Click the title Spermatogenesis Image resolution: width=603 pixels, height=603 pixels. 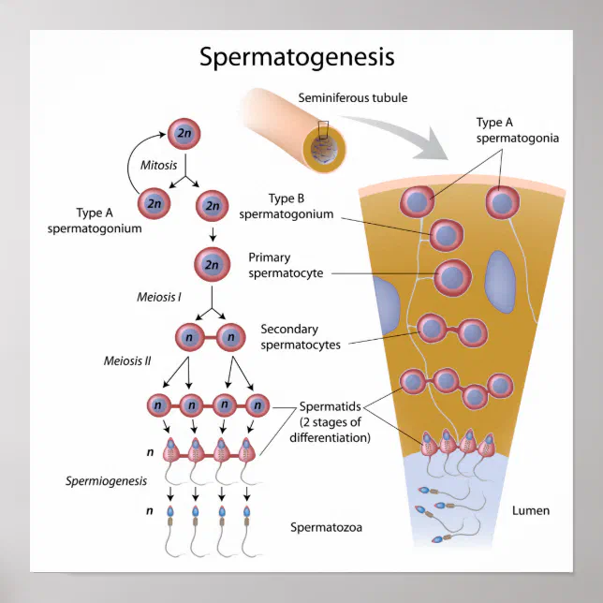(297, 57)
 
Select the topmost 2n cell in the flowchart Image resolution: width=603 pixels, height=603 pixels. (184, 134)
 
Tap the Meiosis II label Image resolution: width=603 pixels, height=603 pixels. (127, 360)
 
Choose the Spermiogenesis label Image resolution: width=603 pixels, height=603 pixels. (107, 481)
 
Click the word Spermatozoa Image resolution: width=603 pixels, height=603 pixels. (326, 527)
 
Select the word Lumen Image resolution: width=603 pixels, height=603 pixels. (531, 510)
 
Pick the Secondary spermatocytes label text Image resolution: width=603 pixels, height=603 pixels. (301, 336)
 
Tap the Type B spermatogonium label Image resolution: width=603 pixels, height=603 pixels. (287, 206)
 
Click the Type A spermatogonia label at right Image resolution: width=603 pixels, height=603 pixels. (517, 130)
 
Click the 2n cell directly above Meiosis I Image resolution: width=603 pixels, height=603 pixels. (212, 266)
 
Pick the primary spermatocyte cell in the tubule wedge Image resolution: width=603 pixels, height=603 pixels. (453, 275)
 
